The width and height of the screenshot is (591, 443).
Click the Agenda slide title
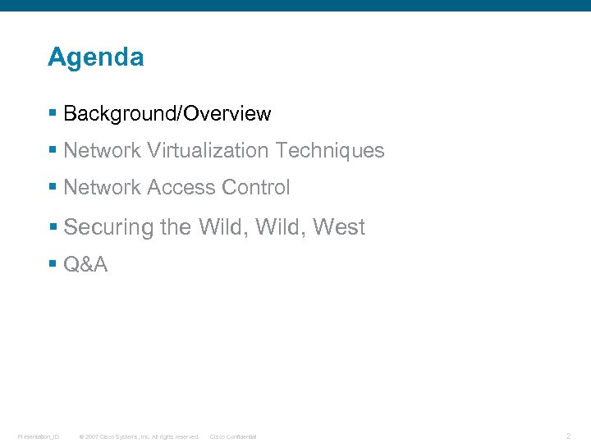tap(95, 57)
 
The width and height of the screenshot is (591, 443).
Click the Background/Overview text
tap(167, 113)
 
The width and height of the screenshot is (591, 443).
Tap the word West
tap(338, 227)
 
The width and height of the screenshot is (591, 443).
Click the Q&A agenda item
tap(85, 264)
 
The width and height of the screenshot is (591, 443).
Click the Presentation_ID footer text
tap(39, 436)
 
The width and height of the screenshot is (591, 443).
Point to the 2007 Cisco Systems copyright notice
tap(138, 436)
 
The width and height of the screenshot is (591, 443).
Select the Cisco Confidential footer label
tap(233, 436)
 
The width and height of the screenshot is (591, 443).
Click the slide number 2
tap(568, 436)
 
